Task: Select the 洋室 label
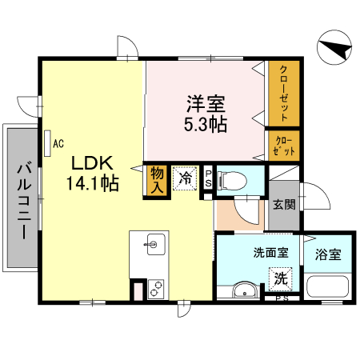[x=206, y=102]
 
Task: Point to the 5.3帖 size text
[x=206, y=124]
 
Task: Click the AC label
[x=58, y=144]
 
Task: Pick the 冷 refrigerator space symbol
[x=186, y=178]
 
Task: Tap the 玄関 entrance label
[x=283, y=204]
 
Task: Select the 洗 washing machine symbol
[x=281, y=279]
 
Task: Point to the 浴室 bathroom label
[x=328, y=255]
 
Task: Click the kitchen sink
[x=154, y=242]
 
